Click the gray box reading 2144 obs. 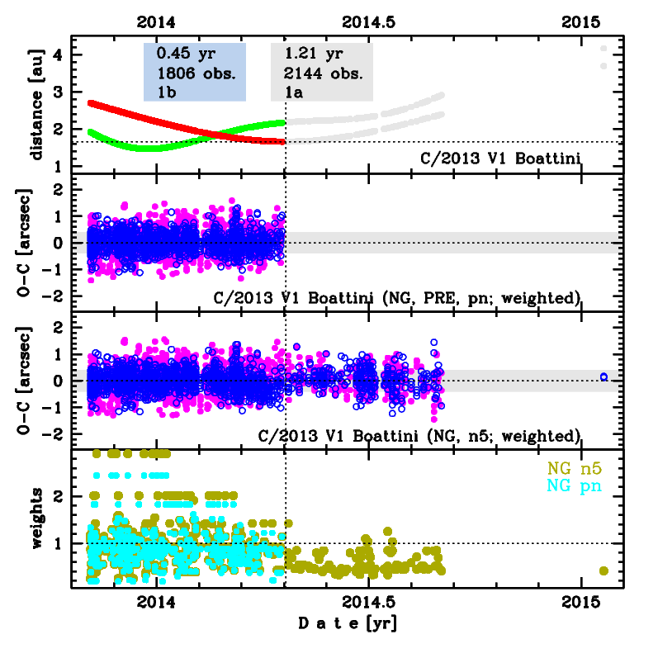click(x=322, y=73)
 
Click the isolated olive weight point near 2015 click(x=604, y=570)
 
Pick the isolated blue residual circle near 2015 click(x=604, y=376)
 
